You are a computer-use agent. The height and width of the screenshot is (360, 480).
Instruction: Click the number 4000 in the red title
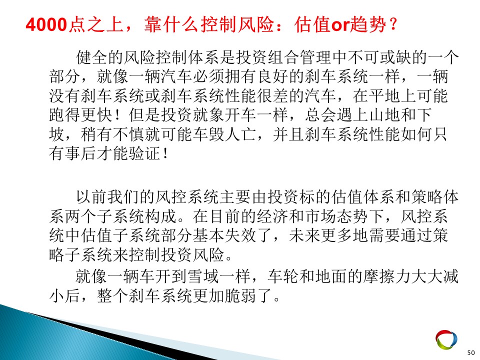tap(46, 25)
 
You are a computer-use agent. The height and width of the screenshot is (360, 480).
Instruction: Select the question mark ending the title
tap(393, 24)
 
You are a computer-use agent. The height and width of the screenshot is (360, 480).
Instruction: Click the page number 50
tap(471, 352)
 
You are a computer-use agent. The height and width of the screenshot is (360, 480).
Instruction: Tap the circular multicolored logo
tap(446, 339)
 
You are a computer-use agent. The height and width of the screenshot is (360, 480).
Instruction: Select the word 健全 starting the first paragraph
tap(92, 57)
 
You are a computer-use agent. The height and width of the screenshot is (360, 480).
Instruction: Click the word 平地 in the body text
tap(384, 96)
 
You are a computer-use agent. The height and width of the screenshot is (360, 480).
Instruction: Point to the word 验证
tap(144, 153)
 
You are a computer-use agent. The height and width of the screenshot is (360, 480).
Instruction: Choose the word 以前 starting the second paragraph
tap(92, 197)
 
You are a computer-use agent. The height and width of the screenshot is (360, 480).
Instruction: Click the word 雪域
tap(203, 276)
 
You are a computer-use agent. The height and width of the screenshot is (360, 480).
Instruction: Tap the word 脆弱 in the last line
tap(240, 295)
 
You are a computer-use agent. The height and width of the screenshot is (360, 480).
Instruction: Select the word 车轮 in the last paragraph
tap(283, 276)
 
